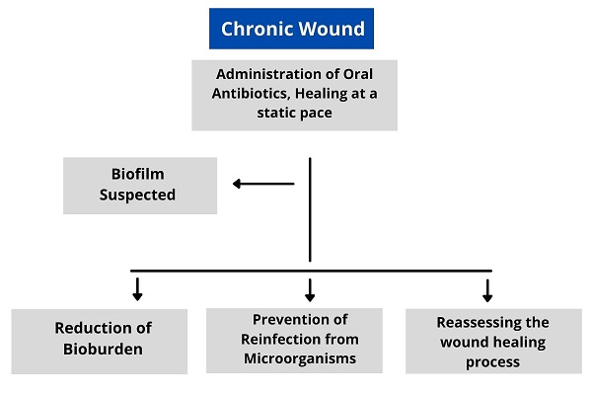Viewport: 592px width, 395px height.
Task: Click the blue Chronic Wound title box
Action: pyautogui.click(x=292, y=29)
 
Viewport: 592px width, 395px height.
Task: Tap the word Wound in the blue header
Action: pyautogui.click(x=330, y=29)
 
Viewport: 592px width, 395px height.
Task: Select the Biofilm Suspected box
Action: pyautogui.click(x=139, y=186)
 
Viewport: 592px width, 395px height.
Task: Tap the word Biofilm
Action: pyautogui.click(x=138, y=176)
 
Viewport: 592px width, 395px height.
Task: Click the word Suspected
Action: pyautogui.click(x=138, y=195)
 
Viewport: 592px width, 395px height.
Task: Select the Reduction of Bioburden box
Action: pyautogui.click(x=99, y=341)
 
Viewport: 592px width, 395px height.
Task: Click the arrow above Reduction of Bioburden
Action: pyautogui.click(x=137, y=288)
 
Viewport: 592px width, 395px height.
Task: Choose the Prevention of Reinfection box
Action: pyautogui.click(x=294, y=340)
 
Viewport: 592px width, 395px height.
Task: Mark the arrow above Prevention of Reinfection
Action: pyautogui.click(x=310, y=288)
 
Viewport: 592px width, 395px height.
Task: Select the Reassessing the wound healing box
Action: pyautogui.click(x=492, y=342)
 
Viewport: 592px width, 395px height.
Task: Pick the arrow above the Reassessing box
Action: pyautogui.click(x=487, y=288)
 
